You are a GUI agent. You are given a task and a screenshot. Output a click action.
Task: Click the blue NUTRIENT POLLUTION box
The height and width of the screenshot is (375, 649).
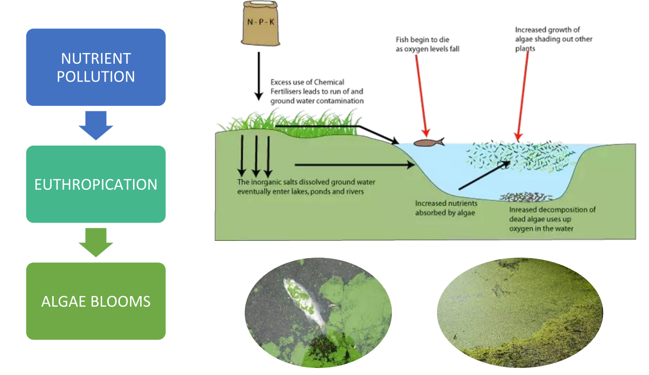pos(96,67)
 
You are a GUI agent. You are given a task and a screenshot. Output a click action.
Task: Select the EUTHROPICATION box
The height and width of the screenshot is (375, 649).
pos(96,184)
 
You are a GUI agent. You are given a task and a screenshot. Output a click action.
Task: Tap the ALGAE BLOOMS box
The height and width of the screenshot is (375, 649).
pos(96,301)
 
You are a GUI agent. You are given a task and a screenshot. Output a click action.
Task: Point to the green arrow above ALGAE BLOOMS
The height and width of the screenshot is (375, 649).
pos(96,242)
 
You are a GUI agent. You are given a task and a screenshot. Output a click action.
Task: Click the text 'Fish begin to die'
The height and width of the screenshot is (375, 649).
pos(422,39)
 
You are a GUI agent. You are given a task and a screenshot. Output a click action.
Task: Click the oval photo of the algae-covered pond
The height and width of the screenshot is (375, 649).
pos(520,313)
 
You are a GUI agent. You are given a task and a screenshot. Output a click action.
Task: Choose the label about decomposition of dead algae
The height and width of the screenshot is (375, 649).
pos(552,219)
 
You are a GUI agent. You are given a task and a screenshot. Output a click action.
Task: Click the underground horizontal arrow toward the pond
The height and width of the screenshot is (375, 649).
pos(354,164)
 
